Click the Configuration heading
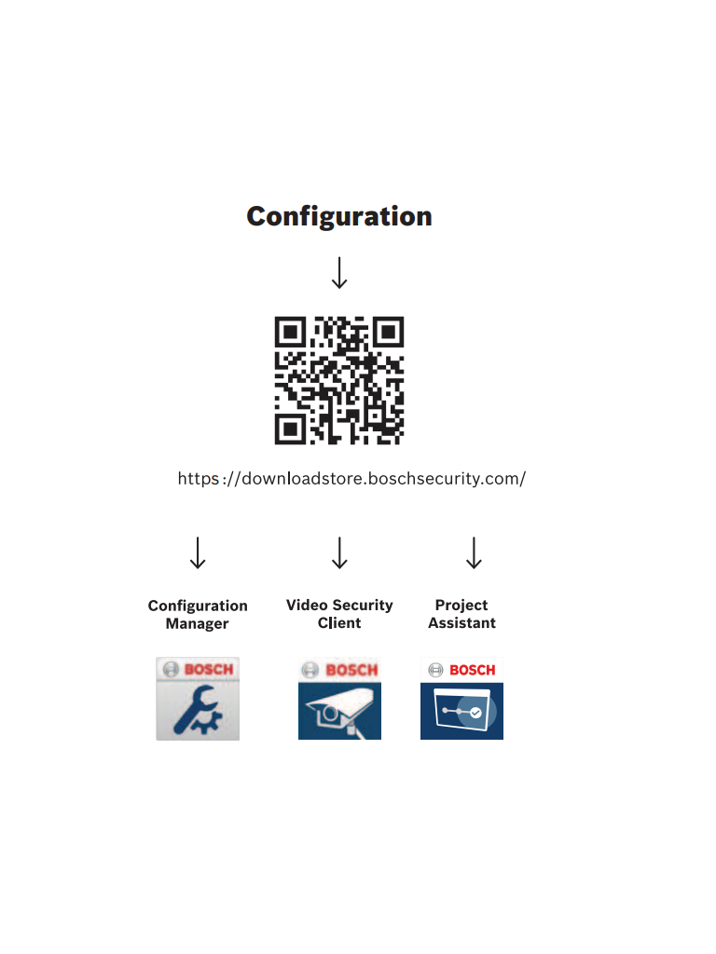(339, 216)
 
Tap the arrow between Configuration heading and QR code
(340, 272)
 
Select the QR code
(339, 380)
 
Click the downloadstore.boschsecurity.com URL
(351, 479)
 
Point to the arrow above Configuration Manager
(198, 552)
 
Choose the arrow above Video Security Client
(340, 552)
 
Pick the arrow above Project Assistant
(475, 552)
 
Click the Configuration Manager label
(198, 615)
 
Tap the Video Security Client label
(339, 614)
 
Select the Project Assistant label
(461, 614)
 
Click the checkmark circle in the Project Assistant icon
(476, 712)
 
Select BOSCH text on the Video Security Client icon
(351, 670)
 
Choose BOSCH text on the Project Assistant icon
(473, 670)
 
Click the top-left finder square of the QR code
(291, 332)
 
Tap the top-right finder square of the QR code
(388, 332)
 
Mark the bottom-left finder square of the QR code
(291, 429)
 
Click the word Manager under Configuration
(197, 624)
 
